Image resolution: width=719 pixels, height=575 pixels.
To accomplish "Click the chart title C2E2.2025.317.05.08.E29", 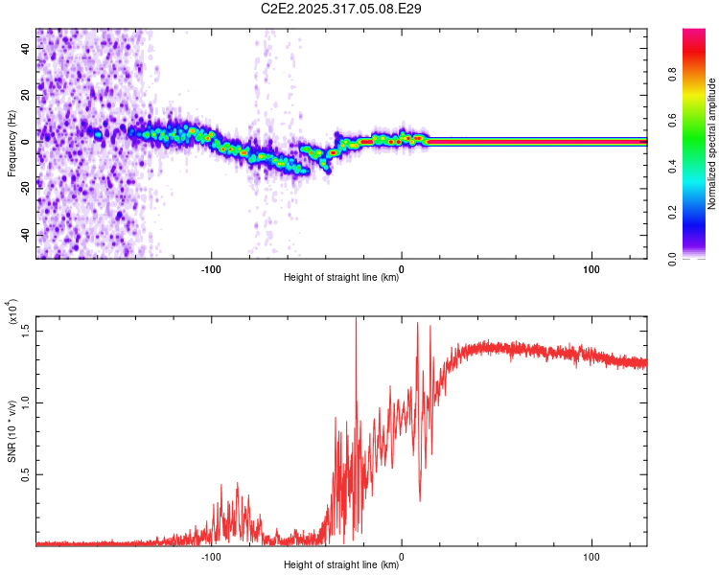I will pyautogui.click(x=342, y=9).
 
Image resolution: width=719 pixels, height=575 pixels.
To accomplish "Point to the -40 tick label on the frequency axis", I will pyautogui.click(x=25, y=235).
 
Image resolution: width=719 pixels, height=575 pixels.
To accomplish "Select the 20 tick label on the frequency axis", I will pyautogui.click(x=27, y=94).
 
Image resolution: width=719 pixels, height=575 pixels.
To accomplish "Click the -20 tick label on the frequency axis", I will pyautogui.click(x=25, y=188).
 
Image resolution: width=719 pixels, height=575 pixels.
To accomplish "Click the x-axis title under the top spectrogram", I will pyautogui.click(x=342, y=278).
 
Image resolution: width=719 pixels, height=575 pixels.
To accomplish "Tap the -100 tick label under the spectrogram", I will pyautogui.click(x=212, y=269).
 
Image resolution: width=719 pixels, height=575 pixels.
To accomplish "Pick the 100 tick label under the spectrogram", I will pyautogui.click(x=591, y=269).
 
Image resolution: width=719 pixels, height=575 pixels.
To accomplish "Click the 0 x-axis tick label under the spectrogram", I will pyautogui.click(x=402, y=269).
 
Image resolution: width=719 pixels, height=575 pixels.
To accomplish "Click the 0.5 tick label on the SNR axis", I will pyautogui.click(x=26, y=473).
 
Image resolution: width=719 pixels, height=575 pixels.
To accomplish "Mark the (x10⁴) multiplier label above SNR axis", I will pyautogui.click(x=12, y=313).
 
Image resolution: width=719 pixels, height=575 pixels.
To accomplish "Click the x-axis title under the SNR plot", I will pyautogui.click(x=342, y=565).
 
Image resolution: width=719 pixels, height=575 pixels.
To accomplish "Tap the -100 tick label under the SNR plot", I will pyautogui.click(x=212, y=556).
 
